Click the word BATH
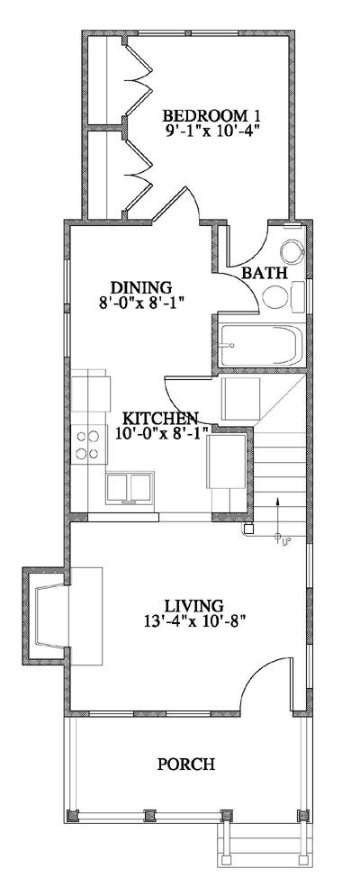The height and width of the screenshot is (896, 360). pos(265,272)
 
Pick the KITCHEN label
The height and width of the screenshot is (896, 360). pos(160,419)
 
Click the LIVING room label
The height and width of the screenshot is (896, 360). pos(193,604)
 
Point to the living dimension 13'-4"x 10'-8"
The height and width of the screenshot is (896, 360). pos(193,620)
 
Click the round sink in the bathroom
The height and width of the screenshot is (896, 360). pos(290,250)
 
